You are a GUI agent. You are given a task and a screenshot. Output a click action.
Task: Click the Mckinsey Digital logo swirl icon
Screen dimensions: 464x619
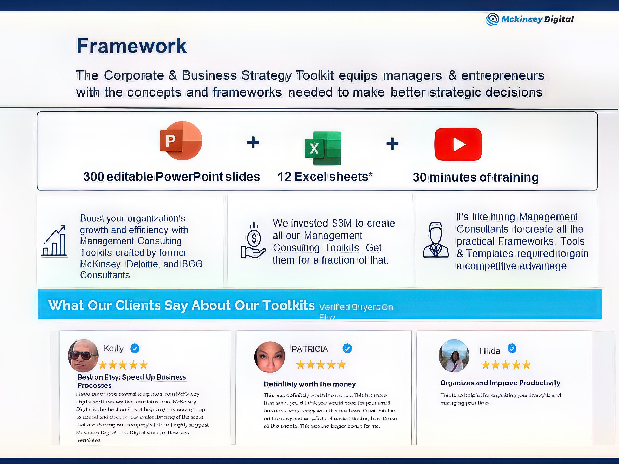[492, 19]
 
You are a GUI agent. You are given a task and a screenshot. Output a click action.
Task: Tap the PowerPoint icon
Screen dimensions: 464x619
[181, 141]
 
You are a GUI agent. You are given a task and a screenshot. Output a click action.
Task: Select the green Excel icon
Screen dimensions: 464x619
[323, 148]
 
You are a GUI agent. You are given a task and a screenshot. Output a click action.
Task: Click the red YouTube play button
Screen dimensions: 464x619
[458, 144]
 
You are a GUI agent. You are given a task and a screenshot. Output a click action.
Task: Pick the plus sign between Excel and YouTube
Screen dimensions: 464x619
[392, 144]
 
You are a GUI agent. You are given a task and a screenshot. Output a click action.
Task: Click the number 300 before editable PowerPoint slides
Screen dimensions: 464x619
[94, 177]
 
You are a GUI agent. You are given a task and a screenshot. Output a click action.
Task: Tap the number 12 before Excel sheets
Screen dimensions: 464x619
[284, 177]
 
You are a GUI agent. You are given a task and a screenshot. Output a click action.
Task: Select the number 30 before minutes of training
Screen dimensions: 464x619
[419, 178]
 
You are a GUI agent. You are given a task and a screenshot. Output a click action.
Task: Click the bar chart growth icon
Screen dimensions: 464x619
[54, 241]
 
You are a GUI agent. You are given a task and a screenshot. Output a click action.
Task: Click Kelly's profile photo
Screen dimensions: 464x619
[83, 356]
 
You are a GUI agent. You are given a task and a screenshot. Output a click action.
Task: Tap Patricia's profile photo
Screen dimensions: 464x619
[269, 357]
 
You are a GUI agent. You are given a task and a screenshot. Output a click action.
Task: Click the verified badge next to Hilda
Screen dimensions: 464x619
[512, 349]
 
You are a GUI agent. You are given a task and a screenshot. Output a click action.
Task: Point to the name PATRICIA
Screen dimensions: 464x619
[309, 349]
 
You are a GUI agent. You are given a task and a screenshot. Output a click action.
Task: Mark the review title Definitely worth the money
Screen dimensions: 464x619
[309, 384]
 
